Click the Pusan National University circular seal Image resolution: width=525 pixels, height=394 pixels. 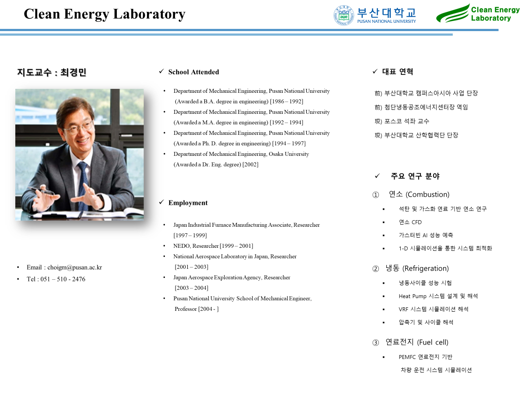coord(344,15)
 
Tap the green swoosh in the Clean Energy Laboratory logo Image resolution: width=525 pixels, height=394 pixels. coord(452,14)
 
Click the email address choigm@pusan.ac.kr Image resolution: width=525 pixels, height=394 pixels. coord(75,267)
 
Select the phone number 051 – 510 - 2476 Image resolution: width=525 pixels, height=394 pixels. coord(63,279)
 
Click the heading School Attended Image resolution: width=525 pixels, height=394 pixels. coord(193,72)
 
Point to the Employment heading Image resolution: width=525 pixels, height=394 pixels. coord(188,203)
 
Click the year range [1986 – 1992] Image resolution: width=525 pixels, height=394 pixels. coord(287,102)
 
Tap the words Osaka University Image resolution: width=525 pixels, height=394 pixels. coord(289,154)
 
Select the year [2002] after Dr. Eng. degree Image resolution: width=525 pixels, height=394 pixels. coord(250,165)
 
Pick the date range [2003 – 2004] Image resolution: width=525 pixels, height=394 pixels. coord(191,288)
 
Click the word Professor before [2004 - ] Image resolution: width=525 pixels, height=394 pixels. coord(185,309)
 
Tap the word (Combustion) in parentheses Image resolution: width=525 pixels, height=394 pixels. coord(427,194)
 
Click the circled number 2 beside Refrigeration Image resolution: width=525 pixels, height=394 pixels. coord(375,269)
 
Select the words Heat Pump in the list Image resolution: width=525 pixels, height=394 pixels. coord(413,296)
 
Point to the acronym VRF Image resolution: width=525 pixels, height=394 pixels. coord(403,310)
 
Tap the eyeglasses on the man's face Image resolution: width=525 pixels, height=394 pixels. coord(78,127)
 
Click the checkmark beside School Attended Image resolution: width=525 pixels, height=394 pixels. coord(161,71)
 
